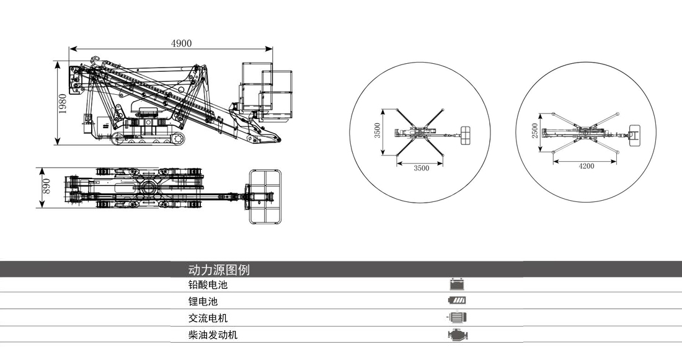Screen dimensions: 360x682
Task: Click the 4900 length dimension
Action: pos(181,43)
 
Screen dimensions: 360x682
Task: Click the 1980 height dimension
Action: pos(63,103)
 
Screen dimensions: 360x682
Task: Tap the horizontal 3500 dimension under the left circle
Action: pos(421,168)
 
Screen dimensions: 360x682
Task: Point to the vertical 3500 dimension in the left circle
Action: pos(377,131)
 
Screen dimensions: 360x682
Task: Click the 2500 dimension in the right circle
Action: pos(535,131)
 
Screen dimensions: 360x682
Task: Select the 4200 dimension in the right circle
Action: pos(586,166)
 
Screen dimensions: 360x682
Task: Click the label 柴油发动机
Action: pos(213,335)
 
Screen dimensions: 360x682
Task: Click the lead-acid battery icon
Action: pos(458,285)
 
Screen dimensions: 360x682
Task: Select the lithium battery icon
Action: pos(458,301)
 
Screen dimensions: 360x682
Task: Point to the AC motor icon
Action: pos(458,318)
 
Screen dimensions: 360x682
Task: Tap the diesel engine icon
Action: pos(458,335)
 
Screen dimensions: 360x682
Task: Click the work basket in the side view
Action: pos(267,91)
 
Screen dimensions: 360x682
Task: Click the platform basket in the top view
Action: pos(266,197)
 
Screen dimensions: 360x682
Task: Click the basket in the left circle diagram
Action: pos(467,134)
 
